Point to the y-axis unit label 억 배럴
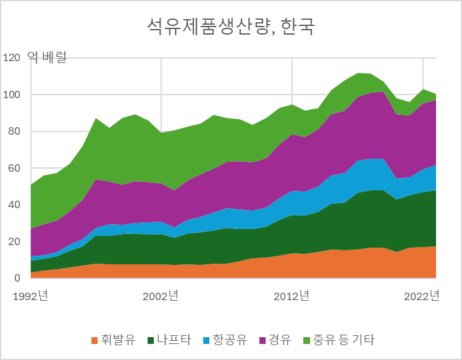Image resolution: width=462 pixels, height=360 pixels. (x=46, y=58)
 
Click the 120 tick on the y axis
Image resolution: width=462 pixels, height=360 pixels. (x=12, y=58)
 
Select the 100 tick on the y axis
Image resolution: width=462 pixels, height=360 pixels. (x=12, y=95)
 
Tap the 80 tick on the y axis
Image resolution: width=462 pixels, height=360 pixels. (x=15, y=132)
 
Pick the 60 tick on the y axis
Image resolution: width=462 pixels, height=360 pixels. (x=15, y=169)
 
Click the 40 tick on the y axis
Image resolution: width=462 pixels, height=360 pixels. (x=15, y=205)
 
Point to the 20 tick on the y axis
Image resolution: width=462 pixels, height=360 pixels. (x=15, y=242)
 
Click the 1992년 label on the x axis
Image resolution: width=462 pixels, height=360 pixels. (x=30, y=296)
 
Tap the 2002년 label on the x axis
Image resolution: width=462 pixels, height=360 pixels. (x=161, y=296)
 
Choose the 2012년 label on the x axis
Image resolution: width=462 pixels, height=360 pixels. (x=292, y=296)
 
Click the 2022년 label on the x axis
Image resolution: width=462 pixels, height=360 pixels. (x=422, y=296)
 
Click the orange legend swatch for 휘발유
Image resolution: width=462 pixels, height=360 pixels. (x=94, y=340)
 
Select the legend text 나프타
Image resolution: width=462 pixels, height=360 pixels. (x=174, y=340)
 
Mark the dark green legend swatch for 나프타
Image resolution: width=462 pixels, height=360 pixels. (x=150, y=340)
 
